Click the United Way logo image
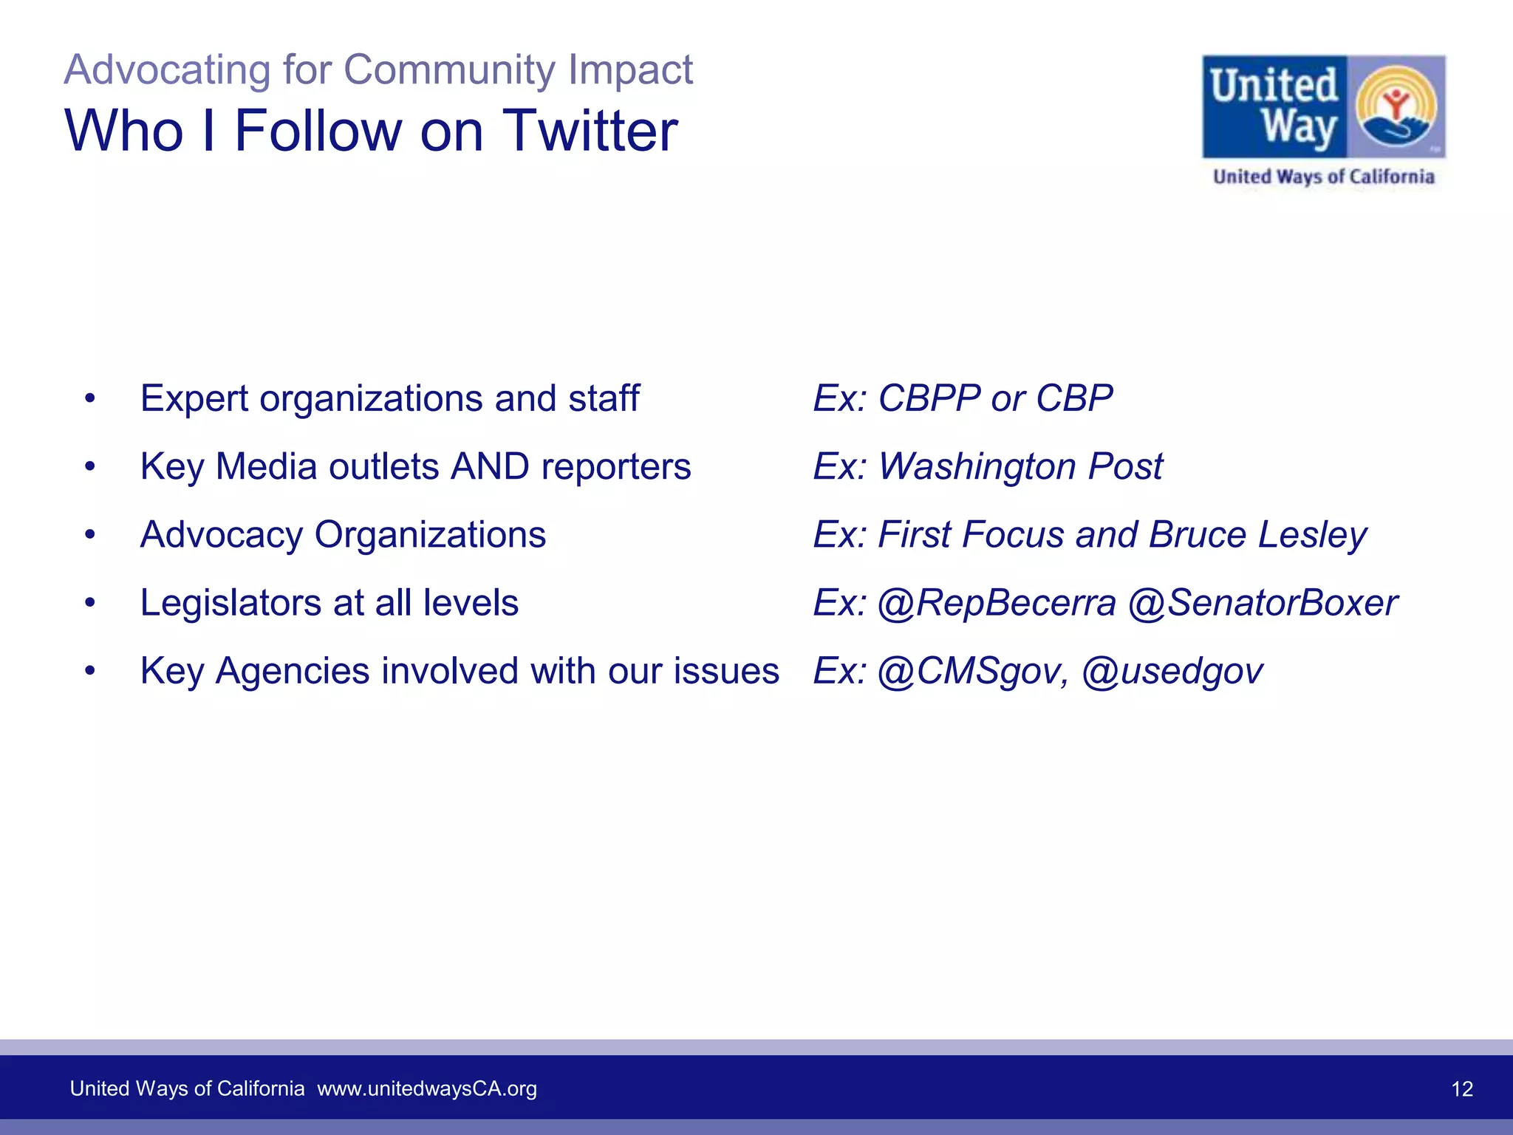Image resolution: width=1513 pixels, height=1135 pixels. click(x=1323, y=106)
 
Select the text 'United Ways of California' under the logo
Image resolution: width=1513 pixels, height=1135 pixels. click(x=1323, y=177)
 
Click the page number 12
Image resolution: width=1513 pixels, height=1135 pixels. click(x=1462, y=1088)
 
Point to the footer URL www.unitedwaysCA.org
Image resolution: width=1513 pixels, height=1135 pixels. click(x=427, y=1088)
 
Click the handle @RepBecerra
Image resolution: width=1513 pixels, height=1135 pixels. click(x=997, y=603)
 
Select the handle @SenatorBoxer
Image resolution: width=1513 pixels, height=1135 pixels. click(x=1263, y=603)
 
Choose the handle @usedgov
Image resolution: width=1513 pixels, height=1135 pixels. click(x=1172, y=672)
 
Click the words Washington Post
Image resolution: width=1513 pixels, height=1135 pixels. click(x=1020, y=466)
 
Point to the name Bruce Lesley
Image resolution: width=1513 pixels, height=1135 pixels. click(x=1257, y=534)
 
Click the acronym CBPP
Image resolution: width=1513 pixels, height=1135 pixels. click(x=929, y=398)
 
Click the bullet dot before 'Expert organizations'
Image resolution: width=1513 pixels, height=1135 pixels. click(x=90, y=399)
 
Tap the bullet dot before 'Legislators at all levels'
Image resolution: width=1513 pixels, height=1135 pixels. click(x=90, y=603)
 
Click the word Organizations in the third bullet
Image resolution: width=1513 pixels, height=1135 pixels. click(x=430, y=535)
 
